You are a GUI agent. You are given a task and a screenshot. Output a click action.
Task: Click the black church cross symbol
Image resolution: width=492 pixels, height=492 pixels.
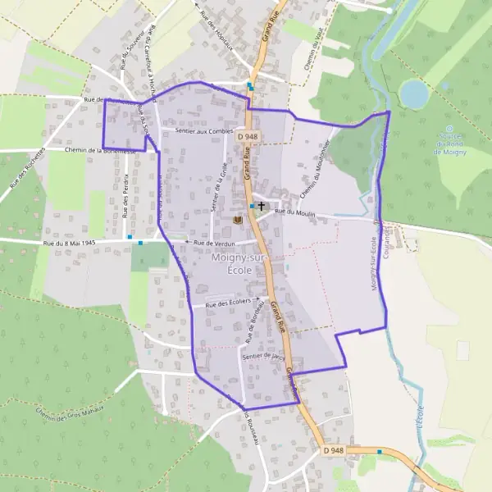pos(262,207)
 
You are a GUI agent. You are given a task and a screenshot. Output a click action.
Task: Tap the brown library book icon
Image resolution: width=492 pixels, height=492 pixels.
pos(239,221)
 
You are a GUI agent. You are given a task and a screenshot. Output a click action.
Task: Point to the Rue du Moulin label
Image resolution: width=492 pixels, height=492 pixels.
pos(294,212)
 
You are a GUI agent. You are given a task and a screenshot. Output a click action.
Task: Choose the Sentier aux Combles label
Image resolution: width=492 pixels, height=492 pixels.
pos(198,130)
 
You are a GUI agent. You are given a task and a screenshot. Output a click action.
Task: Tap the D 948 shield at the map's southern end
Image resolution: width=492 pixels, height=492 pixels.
pos(334,450)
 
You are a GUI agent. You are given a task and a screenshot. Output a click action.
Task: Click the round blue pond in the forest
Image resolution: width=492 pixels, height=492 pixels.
pos(414,94)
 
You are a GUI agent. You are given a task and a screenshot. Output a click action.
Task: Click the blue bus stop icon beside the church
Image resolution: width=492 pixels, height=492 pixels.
pos(252,207)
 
